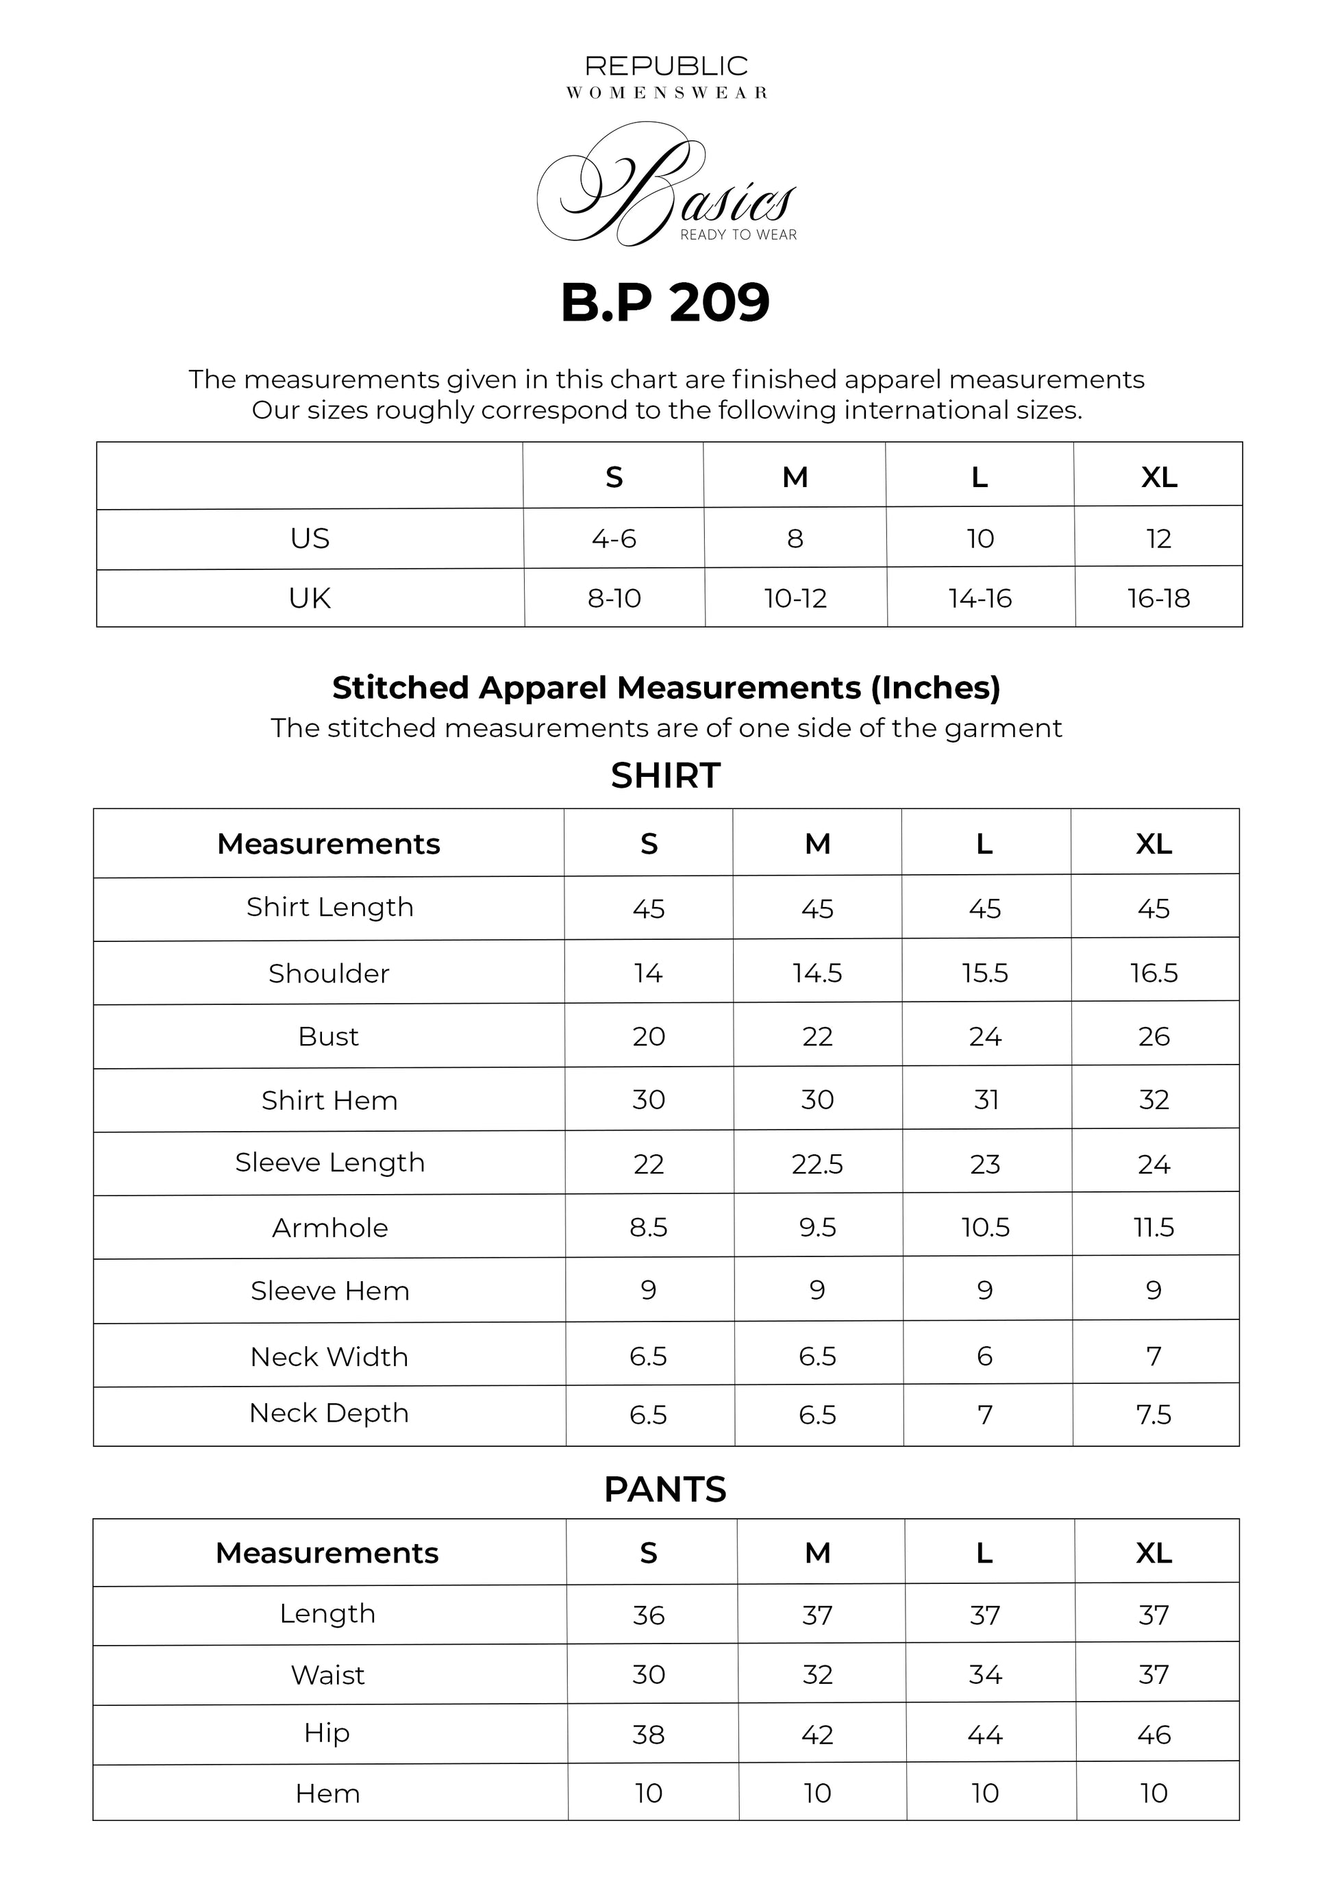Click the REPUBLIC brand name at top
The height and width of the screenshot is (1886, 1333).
[x=666, y=66]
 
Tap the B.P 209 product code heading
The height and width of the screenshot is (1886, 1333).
[x=665, y=302]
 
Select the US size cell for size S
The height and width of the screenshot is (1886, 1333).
[x=614, y=539]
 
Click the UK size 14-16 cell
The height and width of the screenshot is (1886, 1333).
[x=980, y=598]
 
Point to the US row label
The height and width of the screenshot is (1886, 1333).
[x=310, y=539]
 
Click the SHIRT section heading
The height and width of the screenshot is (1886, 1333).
[x=665, y=776]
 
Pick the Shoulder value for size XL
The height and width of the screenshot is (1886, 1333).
[x=1154, y=973]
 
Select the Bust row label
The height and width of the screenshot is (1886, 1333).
[x=329, y=1037]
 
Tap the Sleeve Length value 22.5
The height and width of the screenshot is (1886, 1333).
[x=817, y=1164]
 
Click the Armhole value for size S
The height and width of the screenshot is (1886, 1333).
[x=648, y=1227]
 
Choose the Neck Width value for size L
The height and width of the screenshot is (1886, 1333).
[x=985, y=1356]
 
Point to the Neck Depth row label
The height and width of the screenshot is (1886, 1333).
[x=329, y=1413]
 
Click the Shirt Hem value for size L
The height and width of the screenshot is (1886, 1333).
[x=986, y=1100]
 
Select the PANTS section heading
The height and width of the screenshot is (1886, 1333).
[x=665, y=1489]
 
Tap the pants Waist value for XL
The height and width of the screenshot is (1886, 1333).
[x=1154, y=1674]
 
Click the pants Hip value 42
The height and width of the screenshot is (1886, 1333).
[x=817, y=1735]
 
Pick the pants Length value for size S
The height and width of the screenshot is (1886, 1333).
[x=648, y=1615]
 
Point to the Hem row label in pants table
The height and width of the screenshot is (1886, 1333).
[x=327, y=1794]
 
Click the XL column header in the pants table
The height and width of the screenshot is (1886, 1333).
[x=1154, y=1552]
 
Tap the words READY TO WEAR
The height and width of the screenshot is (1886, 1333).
[x=738, y=235]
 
